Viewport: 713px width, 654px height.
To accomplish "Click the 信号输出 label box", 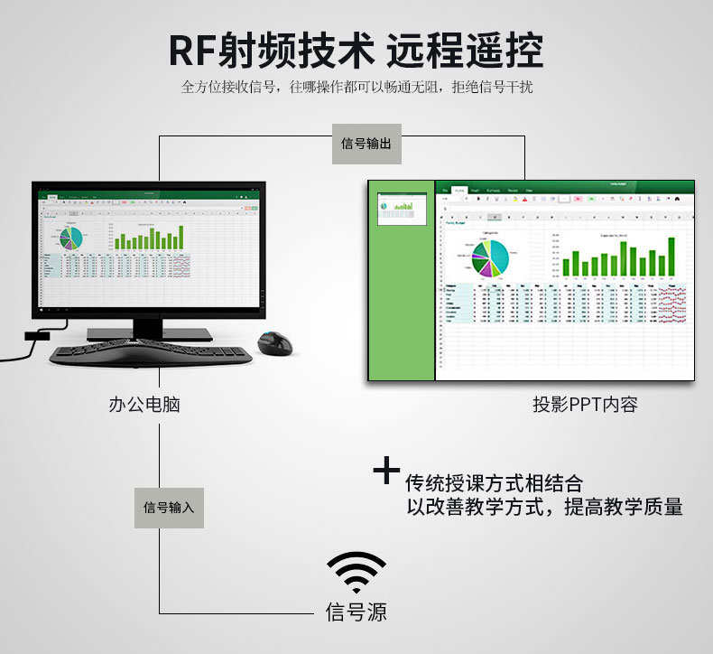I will (x=366, y=144).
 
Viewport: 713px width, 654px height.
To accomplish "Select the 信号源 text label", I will (x=356, y=613).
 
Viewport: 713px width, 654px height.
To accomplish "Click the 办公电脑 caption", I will (x=144, y=404).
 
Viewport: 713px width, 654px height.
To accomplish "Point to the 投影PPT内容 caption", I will (x=585, y=404).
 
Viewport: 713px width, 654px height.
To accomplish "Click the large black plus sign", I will (x=386, y=472).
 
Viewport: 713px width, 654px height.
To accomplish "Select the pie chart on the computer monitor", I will (x=70, y=237).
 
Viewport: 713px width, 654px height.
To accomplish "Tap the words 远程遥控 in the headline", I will (x=465, y=51).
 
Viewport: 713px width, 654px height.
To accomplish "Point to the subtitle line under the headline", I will (x=356, y=88).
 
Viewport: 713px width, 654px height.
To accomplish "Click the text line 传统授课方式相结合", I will (x=494, y=482).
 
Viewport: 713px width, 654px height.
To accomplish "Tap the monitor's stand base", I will (x=149, y=333).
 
